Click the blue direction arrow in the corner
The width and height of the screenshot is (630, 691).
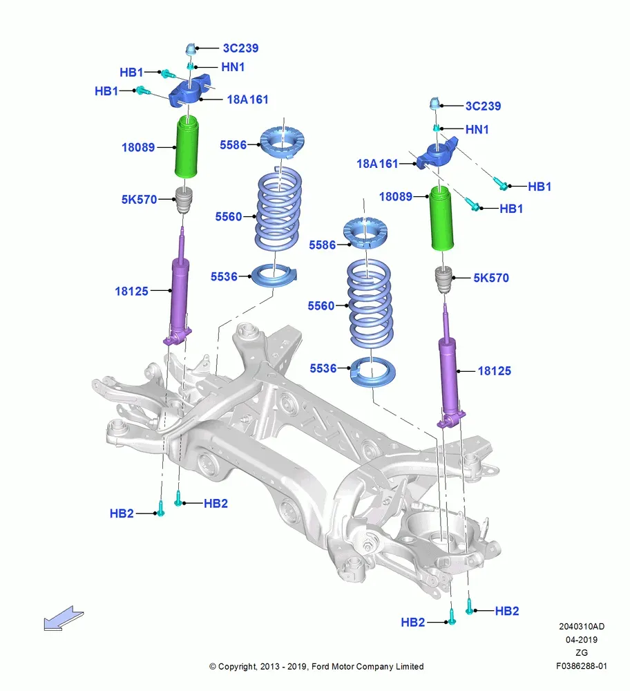point(63,618)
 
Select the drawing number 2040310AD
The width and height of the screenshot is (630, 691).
point(582,626)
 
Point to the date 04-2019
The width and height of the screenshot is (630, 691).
point(582,639)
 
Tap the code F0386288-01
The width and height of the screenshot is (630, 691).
point(581,666)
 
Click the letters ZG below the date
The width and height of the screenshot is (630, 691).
point(582,653)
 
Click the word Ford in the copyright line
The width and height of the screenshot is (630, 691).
point(321,666)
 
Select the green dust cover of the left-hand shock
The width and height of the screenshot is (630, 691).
point(187,146)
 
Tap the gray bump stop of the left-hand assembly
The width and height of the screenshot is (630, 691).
point(185,200)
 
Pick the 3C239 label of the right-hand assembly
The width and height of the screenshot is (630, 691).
point(484,106)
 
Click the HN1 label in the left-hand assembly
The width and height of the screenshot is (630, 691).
point(233,67)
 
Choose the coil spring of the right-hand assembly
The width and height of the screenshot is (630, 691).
point(370,304)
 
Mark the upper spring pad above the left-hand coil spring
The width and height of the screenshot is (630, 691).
point(283,142)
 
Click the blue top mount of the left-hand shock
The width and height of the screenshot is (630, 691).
point(191,91)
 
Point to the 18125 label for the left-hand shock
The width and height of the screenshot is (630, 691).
point(131,291)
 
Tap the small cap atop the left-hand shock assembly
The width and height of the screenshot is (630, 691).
point(191,48)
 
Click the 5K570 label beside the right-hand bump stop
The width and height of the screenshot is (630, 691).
point(491,278)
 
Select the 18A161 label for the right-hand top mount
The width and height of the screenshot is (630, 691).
point(377,164)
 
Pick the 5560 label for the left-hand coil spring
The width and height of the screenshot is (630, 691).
point(228,216)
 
